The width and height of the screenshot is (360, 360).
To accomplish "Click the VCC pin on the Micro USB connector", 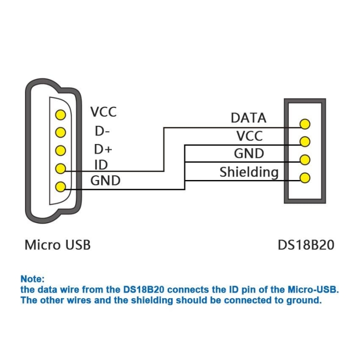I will click(60, 115).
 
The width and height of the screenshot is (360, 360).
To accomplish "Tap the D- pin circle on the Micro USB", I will click(60, 132).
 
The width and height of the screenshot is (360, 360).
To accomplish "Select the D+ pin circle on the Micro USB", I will click(60, 150).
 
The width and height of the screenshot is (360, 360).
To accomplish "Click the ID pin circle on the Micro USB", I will click(60, 168).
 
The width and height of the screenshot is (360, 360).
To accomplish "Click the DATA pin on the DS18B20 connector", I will click(304, 124).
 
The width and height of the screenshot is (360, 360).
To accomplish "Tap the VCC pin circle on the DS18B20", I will click(304, 142).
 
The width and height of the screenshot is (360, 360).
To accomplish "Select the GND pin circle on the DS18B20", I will click(304, 160).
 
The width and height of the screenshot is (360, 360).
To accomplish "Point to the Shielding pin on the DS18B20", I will click(304, 178).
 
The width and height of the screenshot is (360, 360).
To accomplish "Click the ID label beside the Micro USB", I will click(101, 165).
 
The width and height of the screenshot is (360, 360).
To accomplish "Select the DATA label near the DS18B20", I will click(248, 118).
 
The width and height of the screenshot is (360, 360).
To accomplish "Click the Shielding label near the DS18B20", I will click(249, 172).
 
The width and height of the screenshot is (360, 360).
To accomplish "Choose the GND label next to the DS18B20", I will click(249, 154).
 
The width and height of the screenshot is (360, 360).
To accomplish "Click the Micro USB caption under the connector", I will click(58, 245).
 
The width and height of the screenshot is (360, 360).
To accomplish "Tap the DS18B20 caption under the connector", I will click(306, 245).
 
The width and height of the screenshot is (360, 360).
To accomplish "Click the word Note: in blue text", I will click(33, 279).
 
